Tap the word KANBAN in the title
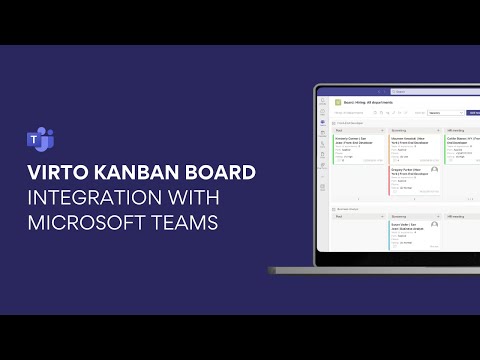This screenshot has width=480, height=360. pos(137,171)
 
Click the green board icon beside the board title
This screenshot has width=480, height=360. pos(338,102)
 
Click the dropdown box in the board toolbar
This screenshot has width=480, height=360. pos(441,113)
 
